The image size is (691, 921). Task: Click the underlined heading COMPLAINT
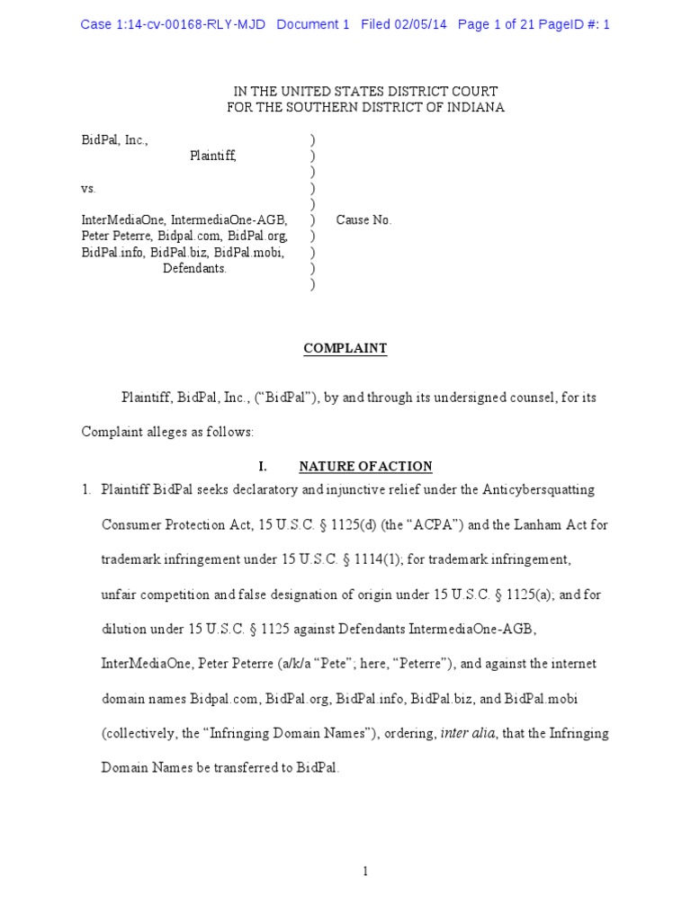(345, 349)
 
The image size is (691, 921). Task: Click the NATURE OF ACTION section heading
(365, 466)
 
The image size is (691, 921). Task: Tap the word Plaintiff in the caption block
(213, 156)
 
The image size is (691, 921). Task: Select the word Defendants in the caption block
(194, 269)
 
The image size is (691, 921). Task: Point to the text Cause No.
(363, 220)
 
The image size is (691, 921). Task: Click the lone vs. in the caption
(88, 189)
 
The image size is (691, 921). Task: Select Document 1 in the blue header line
(312, 24)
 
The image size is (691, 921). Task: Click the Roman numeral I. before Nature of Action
(263, 466)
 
